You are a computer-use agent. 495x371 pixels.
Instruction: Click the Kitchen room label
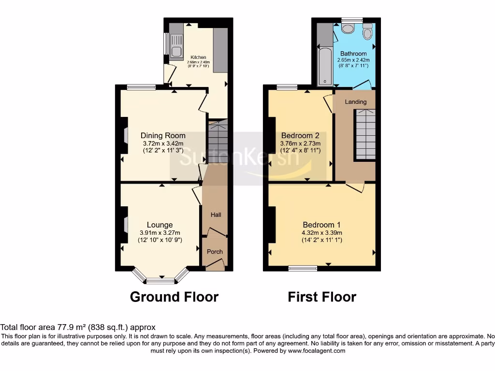click(x=198, y=57)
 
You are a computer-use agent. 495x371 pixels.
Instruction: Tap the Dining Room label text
click(x=163, y=135)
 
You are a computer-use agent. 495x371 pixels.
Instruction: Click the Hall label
click(x=216, y=214)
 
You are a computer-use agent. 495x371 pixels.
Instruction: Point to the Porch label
click(x=215, y=252)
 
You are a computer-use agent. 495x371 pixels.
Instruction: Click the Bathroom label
click(x=353, y=54)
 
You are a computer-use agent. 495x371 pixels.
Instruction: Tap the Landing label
click(x=355, y=102)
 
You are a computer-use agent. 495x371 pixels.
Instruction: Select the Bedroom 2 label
click(x=300, y=136)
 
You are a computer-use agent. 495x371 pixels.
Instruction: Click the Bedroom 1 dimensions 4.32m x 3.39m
click(x=321, y=232)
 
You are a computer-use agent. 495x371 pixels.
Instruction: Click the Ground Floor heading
click(x=174, y=297)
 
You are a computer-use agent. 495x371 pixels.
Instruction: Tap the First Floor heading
click(x=322, y=297)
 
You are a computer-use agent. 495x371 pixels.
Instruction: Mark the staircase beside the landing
click(x=365, y=134)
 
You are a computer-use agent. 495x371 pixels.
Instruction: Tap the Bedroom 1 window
click(x=303, y=268)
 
